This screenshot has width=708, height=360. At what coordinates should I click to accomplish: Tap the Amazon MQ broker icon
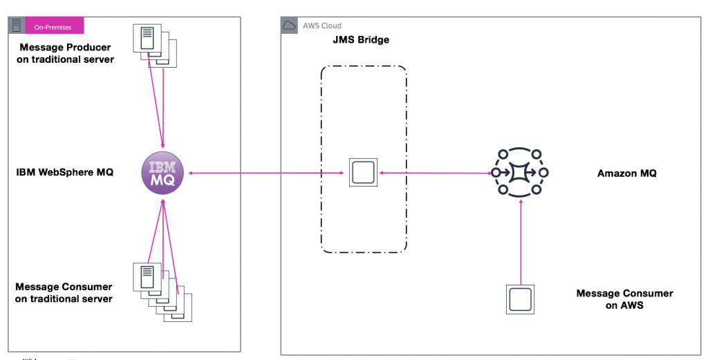(x=519, y=172)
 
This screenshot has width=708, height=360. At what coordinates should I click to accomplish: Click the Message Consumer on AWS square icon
(x=519, y=299)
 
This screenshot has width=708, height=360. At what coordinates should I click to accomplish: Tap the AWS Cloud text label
(x=322, y=26)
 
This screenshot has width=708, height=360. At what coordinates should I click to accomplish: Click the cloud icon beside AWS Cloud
(x=289, y=26)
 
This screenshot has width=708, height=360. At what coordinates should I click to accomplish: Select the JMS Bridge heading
(x=361, y=40)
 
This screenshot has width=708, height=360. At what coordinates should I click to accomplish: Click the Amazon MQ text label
(x=626, y=173)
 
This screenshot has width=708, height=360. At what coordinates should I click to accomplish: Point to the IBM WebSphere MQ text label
(x=64, y=172)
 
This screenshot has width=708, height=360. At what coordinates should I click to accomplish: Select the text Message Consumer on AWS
(x=624, y=299)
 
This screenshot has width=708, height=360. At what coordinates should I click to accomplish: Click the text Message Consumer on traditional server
(x=64, y=293)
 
